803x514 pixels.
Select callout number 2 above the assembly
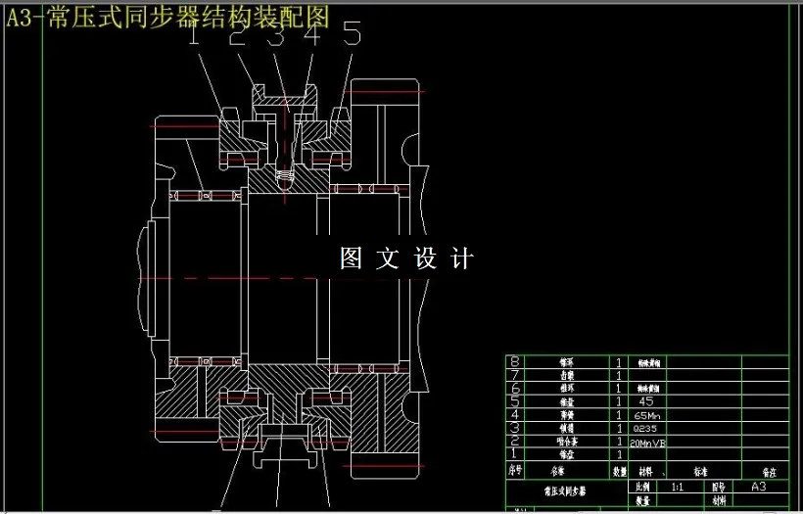point(237,36)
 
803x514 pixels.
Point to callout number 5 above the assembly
point(352,36)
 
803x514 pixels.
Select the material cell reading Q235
point(646,428)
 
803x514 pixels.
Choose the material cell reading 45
point(645,400)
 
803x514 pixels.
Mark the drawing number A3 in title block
point(758,486)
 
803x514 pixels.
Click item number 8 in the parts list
point(515,361)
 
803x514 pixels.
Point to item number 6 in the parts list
point(515,388)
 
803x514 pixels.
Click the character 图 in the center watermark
point(352,258)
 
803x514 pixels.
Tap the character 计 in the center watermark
point(462,258)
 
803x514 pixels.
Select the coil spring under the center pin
point(285,178)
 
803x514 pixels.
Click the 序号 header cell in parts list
point(515,471)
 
